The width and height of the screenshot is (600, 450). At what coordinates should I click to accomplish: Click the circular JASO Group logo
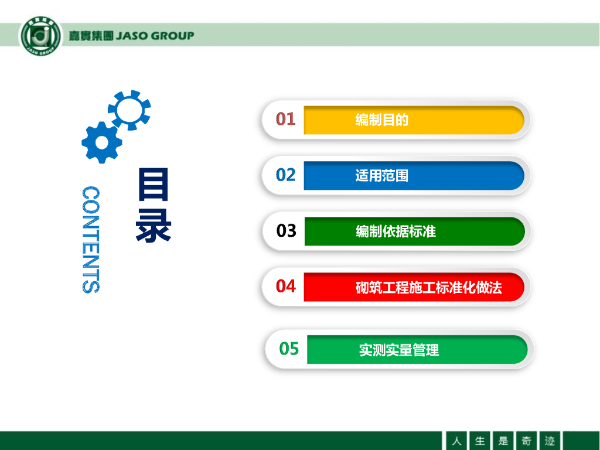tap(40, 36)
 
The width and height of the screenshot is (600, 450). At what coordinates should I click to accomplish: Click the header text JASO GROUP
tap(155, 36)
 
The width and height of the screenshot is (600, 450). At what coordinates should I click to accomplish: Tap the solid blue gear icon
tap(102, 142)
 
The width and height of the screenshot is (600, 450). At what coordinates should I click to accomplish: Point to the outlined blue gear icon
tap(129, 110)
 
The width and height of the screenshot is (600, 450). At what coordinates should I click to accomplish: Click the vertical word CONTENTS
tap(91, 240)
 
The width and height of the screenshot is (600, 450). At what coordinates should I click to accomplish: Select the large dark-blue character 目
tap(153, 185)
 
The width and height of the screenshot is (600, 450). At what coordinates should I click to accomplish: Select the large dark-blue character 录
tap(153, 226)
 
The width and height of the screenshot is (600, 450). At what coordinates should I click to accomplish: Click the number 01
tap(285, 119)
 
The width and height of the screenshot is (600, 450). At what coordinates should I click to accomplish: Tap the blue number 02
tap(285, 175)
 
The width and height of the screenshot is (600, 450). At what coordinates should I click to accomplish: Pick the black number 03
tap(286, 231)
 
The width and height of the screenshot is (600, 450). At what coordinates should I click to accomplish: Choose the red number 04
tap(285, 286)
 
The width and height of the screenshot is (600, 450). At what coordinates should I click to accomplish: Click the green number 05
tap(289, 349)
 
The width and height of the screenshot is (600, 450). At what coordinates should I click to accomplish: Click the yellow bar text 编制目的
tap(382, 120)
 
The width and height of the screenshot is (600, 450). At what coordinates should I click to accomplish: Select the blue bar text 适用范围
tap(382, 176)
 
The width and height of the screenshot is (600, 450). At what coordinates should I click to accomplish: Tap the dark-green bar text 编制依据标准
tap(396, 231)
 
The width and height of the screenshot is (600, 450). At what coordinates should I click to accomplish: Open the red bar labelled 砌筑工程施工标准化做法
tap(414, 287)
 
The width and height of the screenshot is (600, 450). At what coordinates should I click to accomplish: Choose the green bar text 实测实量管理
tap(398, 350)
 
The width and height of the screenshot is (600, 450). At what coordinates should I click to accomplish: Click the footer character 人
tap(456, 441)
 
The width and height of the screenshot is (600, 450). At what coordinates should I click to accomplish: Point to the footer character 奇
tap(527, 441)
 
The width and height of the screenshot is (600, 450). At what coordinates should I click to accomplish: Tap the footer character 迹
tap(550, 441)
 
